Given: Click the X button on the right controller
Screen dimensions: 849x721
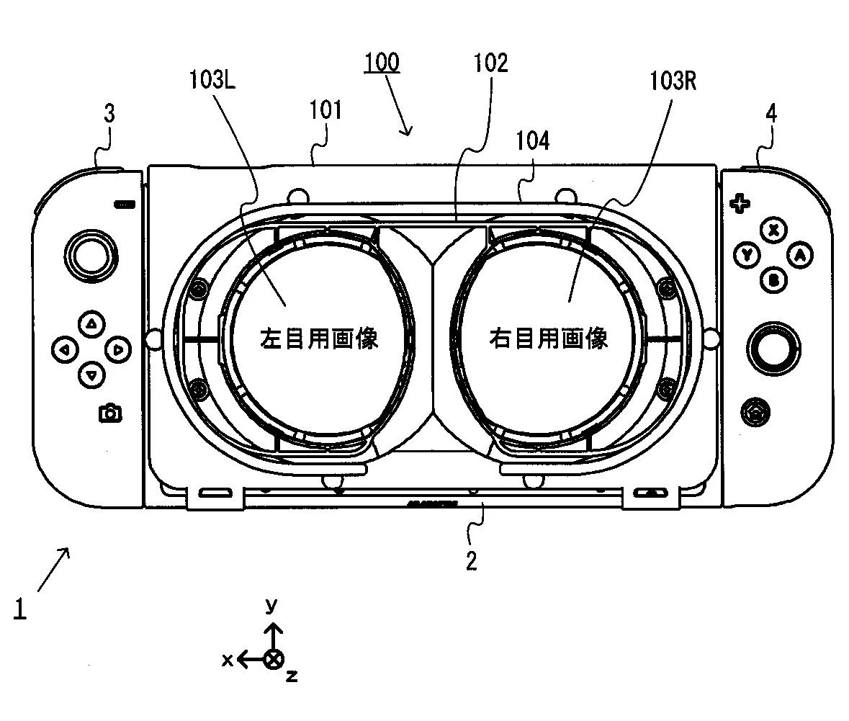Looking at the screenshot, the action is pyautogui.click(x=773, y=230).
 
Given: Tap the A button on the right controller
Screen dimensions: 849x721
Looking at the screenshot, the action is pyautogui.click(x=800, y=255).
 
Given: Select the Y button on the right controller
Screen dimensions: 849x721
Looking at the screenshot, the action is pyautogui.click(x=747, y=255).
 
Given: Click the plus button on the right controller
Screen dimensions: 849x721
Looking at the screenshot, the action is pyautogui.click(x=740, y=204).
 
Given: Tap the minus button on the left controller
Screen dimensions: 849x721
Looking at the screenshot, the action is pyautogui.click(x=124, y=205).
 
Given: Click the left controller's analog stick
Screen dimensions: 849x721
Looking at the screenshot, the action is pyautogui.click(x=91, y=256).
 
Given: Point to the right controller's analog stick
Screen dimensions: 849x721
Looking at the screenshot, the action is pyautogui.click(x=773, y=349).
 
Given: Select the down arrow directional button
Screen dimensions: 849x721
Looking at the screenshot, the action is pyautogui.click(x=92, y=375).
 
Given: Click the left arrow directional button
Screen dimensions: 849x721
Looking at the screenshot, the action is pyautogui.click(x=66, y=349).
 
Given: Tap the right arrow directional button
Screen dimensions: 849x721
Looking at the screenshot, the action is pyautogui.click(x=118, y=349).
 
